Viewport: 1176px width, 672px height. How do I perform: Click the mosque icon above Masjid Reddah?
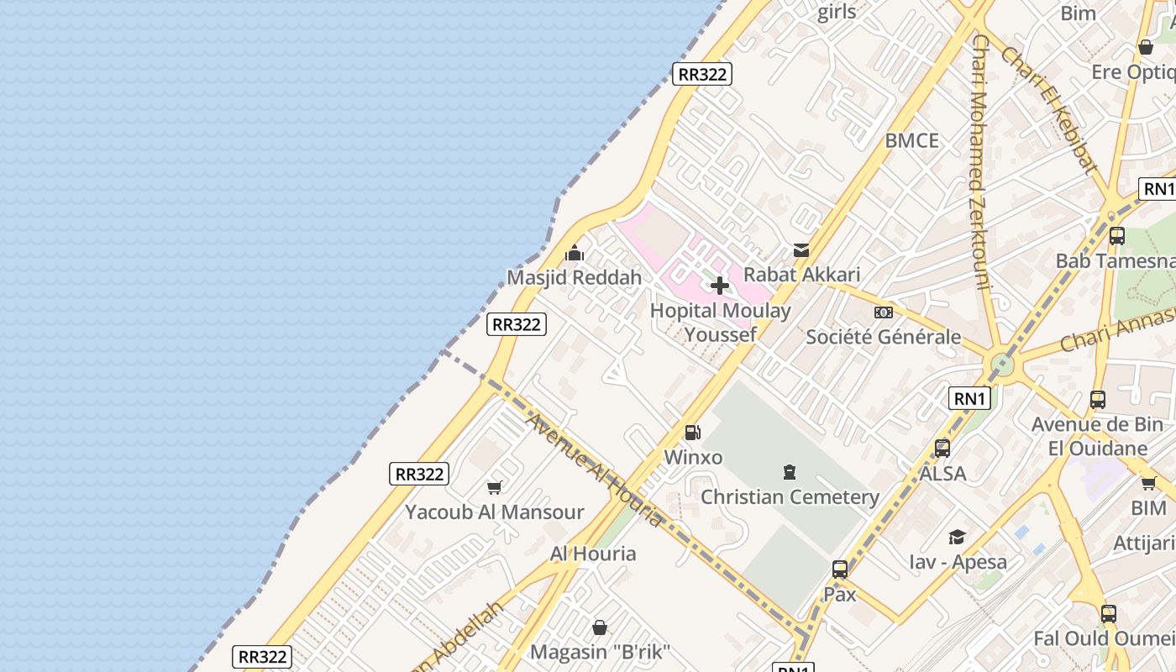pyautogui.click(x=575, y=252)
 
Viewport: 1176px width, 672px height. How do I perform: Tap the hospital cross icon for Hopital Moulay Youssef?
pyautogui.click(x=720, y=286)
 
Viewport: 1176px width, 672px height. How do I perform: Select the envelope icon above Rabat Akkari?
pyautogui.click(x=801, y=249)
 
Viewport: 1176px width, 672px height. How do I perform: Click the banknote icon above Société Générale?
pyautogui.click(x=883, y=312)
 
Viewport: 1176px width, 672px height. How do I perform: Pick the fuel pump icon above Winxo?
pyautogui.click(x=693, y=433)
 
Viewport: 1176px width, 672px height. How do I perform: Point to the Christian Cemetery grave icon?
pyautogui.click(x=789, y=472)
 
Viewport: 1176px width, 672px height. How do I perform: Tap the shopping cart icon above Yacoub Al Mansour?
pyautogui.click(x=495, y=487)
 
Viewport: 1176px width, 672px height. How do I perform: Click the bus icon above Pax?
pyautogui.click(x=839, y=570)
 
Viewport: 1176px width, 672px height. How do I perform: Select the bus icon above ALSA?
pyautogui.click(x=942, y=449)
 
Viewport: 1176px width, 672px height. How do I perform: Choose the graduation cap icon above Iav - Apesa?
pyautogui.click(x=957, y=537)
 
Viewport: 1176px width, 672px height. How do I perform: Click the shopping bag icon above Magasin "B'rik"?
pyautogui.click(x=600, y=627)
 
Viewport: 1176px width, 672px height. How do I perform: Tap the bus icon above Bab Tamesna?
pyautogui.click(x=1116, y=236)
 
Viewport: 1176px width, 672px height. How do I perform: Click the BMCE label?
pyautogui.click(x=911, y=140)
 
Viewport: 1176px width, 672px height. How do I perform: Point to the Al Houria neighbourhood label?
pyautogui.click(x=593, y=554)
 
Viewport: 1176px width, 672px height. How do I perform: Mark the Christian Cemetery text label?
pyautogui.click(x=790, y=496)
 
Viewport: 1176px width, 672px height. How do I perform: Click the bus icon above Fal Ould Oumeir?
pyautogui.click(x=1109, y=614)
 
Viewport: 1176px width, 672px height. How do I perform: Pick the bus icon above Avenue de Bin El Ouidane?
pyautogui.click(x=1097, y=400)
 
